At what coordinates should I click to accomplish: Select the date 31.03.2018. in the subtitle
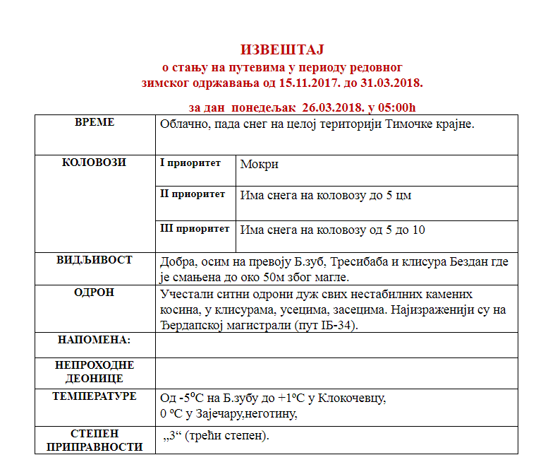(391, 83)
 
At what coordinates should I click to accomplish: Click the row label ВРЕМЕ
(95, 123)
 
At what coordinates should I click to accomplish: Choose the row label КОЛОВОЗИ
(95, 162)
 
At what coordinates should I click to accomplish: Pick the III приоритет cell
(195, 228)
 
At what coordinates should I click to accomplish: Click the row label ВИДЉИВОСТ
(95, 260)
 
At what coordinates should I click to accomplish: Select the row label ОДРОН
(95, 292)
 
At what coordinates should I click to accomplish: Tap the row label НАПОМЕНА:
(95, 340)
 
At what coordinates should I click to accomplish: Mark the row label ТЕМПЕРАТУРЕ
(95, 396)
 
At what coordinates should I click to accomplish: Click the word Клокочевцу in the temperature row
(352, 398)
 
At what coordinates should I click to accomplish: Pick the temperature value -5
(185, 398)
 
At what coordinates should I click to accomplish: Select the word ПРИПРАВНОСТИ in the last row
(95, 447)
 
